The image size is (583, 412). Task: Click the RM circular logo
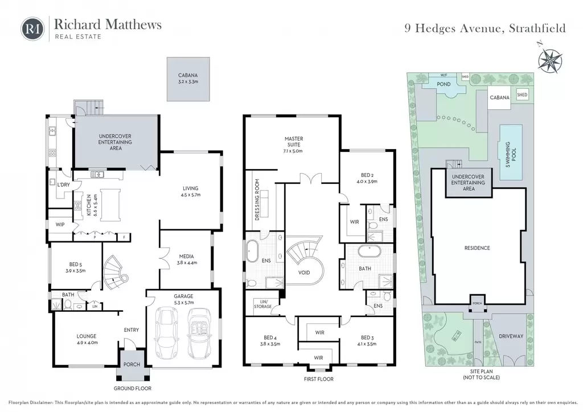point(32,29)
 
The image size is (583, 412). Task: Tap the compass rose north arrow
point(550,59)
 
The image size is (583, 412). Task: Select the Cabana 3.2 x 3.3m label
point(188,79)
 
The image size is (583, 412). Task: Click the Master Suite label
point(293,145)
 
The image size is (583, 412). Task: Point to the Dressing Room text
point(257,200)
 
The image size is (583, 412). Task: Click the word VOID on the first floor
point(304,273)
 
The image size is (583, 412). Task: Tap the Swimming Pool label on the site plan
point(511,155)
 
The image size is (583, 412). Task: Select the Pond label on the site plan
point(444,84)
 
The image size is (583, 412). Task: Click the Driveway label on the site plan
point(511,336)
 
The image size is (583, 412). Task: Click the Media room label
point(187,259)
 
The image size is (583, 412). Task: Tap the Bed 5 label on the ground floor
point(76,267)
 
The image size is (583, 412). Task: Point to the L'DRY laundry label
point(63,184)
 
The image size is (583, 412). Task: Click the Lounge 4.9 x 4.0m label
point(87,339)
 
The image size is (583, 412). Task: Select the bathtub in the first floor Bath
point(369,251)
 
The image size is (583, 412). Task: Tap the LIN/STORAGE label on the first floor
point(263,304)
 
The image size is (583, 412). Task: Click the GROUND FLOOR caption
point(132,388)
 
